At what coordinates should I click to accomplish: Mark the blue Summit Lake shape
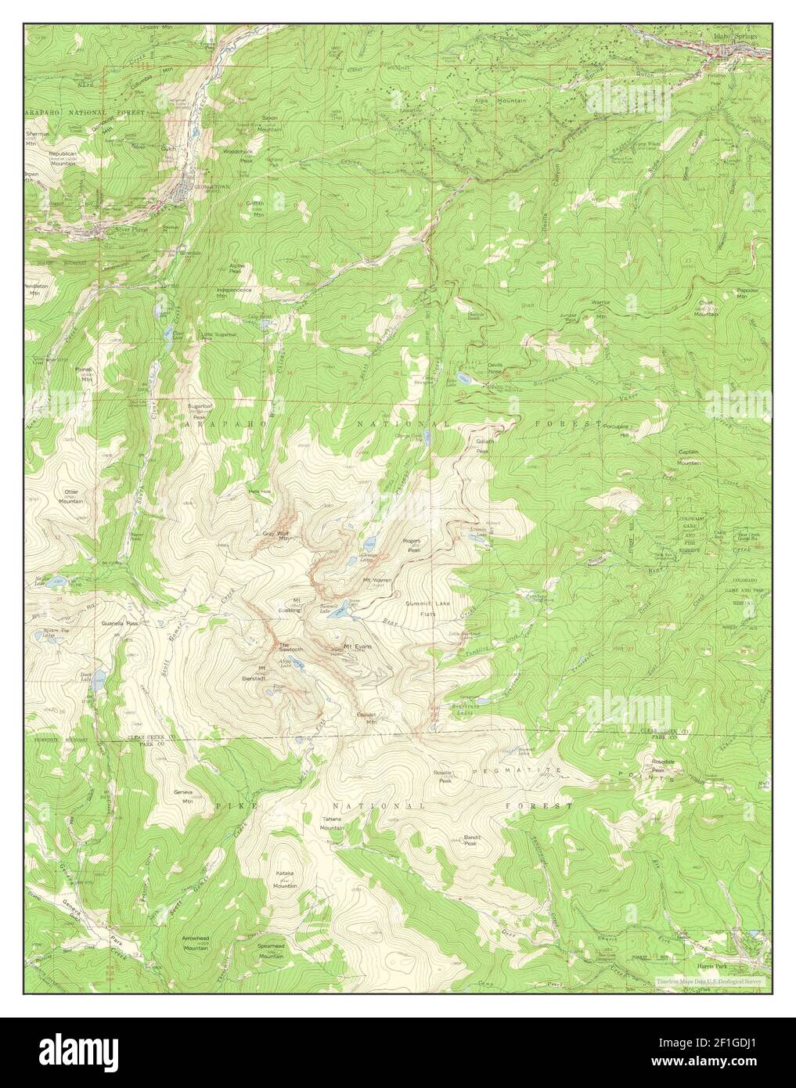[339, 613]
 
